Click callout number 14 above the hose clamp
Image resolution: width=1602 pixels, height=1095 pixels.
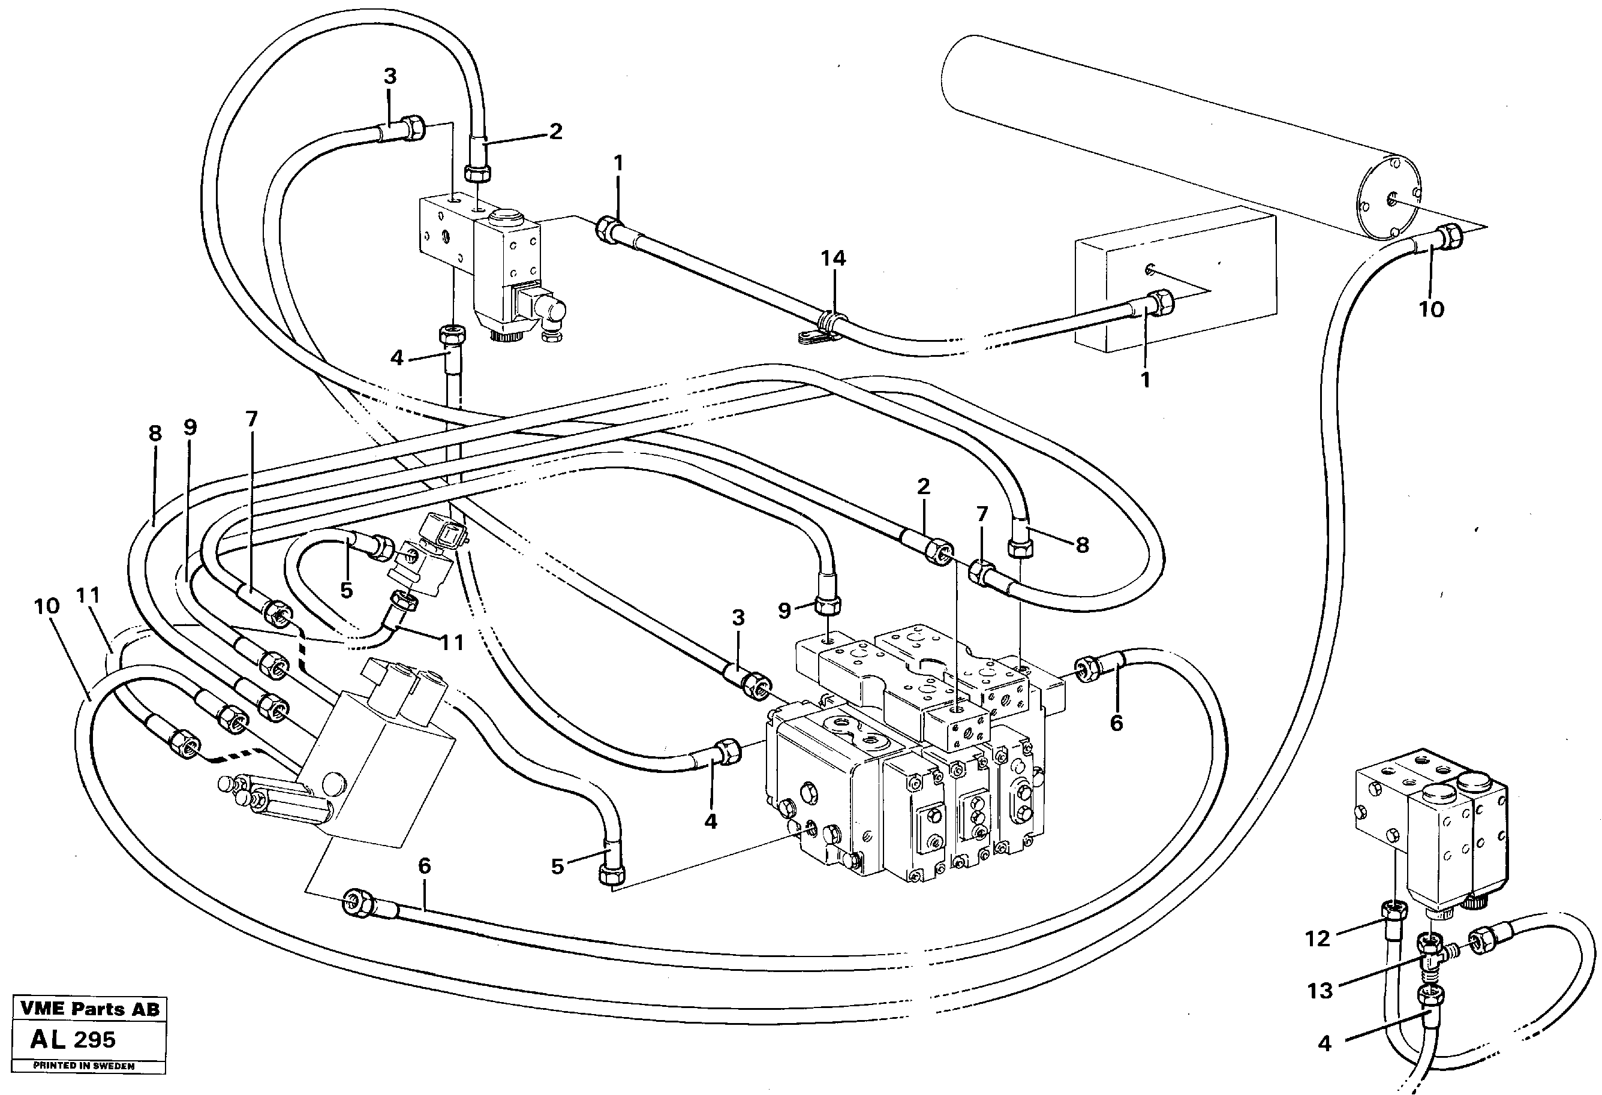pyautogui.click(x=832, y=258)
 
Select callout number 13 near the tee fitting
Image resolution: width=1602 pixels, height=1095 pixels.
pyautogui.click(x=1320, y=991)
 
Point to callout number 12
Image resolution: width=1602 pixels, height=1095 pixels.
pyautogui.click(x=1317, y=938)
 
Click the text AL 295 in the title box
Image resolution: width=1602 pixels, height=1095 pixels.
pyautogui.click(x=73, y=1039)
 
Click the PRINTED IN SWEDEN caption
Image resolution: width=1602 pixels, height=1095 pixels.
pyautogui.click(x=84, y=1066)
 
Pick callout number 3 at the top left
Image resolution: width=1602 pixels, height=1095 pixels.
pyautogui.click(x=390, y=77)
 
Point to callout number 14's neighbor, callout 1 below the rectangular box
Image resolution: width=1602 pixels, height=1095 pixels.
pyautogui.click(x=1145, y=380)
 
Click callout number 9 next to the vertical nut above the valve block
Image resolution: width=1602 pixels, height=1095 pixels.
pyautogui.click(x=785, y=610)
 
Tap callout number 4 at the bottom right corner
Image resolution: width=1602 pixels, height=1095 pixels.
pyautogui.click(x=1324, y=1044)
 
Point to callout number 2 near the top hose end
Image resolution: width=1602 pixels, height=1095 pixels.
pyautogui.click(x=555, y=131)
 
